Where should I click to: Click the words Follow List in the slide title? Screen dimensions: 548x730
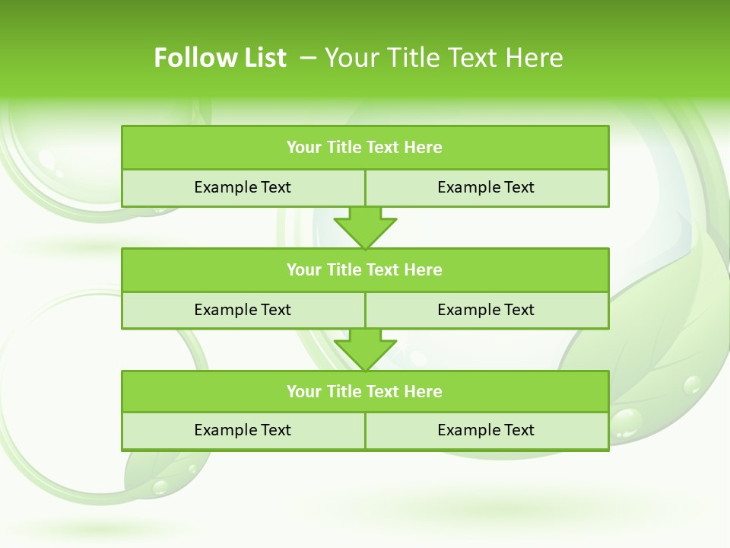click(220, 58)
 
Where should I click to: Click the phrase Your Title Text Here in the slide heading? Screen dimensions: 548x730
click(443, 58)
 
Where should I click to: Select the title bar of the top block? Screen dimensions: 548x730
click(365, 148)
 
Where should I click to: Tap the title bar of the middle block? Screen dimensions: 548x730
click(365, 269)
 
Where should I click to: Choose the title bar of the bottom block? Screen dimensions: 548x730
click(365, 391)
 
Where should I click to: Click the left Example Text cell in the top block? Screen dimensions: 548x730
click(243, 187)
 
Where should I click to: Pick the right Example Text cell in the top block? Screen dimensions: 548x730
click(486, 187)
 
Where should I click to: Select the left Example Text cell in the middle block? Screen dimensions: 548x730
click(243, 310)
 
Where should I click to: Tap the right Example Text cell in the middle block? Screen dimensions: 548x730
click(486, 310)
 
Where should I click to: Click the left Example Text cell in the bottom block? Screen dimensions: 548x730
click(243, 430)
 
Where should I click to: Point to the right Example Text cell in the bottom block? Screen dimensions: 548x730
click(486, 430)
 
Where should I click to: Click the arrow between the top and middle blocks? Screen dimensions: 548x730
click(365, 228)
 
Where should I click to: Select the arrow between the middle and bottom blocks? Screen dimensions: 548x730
click(365, 350)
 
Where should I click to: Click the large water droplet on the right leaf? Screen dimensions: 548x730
click(627, 422)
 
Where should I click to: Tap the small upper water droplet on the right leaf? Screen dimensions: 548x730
click(692, 384)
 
